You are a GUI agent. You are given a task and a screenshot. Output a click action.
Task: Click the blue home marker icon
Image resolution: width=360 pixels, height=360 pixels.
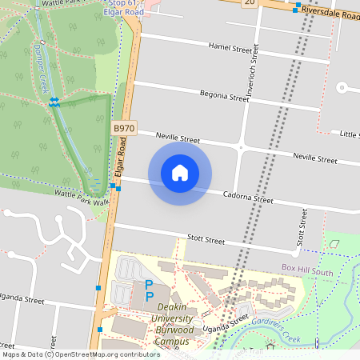179,173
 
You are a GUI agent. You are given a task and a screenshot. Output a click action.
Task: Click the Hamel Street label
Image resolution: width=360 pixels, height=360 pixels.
230,49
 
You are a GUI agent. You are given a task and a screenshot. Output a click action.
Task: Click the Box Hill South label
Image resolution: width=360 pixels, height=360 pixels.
307,272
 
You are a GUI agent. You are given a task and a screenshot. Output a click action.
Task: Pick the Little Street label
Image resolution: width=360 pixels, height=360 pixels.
349,134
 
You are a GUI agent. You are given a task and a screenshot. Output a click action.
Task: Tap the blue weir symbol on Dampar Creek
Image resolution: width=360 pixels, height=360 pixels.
54,101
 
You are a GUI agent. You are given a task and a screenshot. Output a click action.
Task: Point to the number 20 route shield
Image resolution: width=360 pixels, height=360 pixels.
250,2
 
